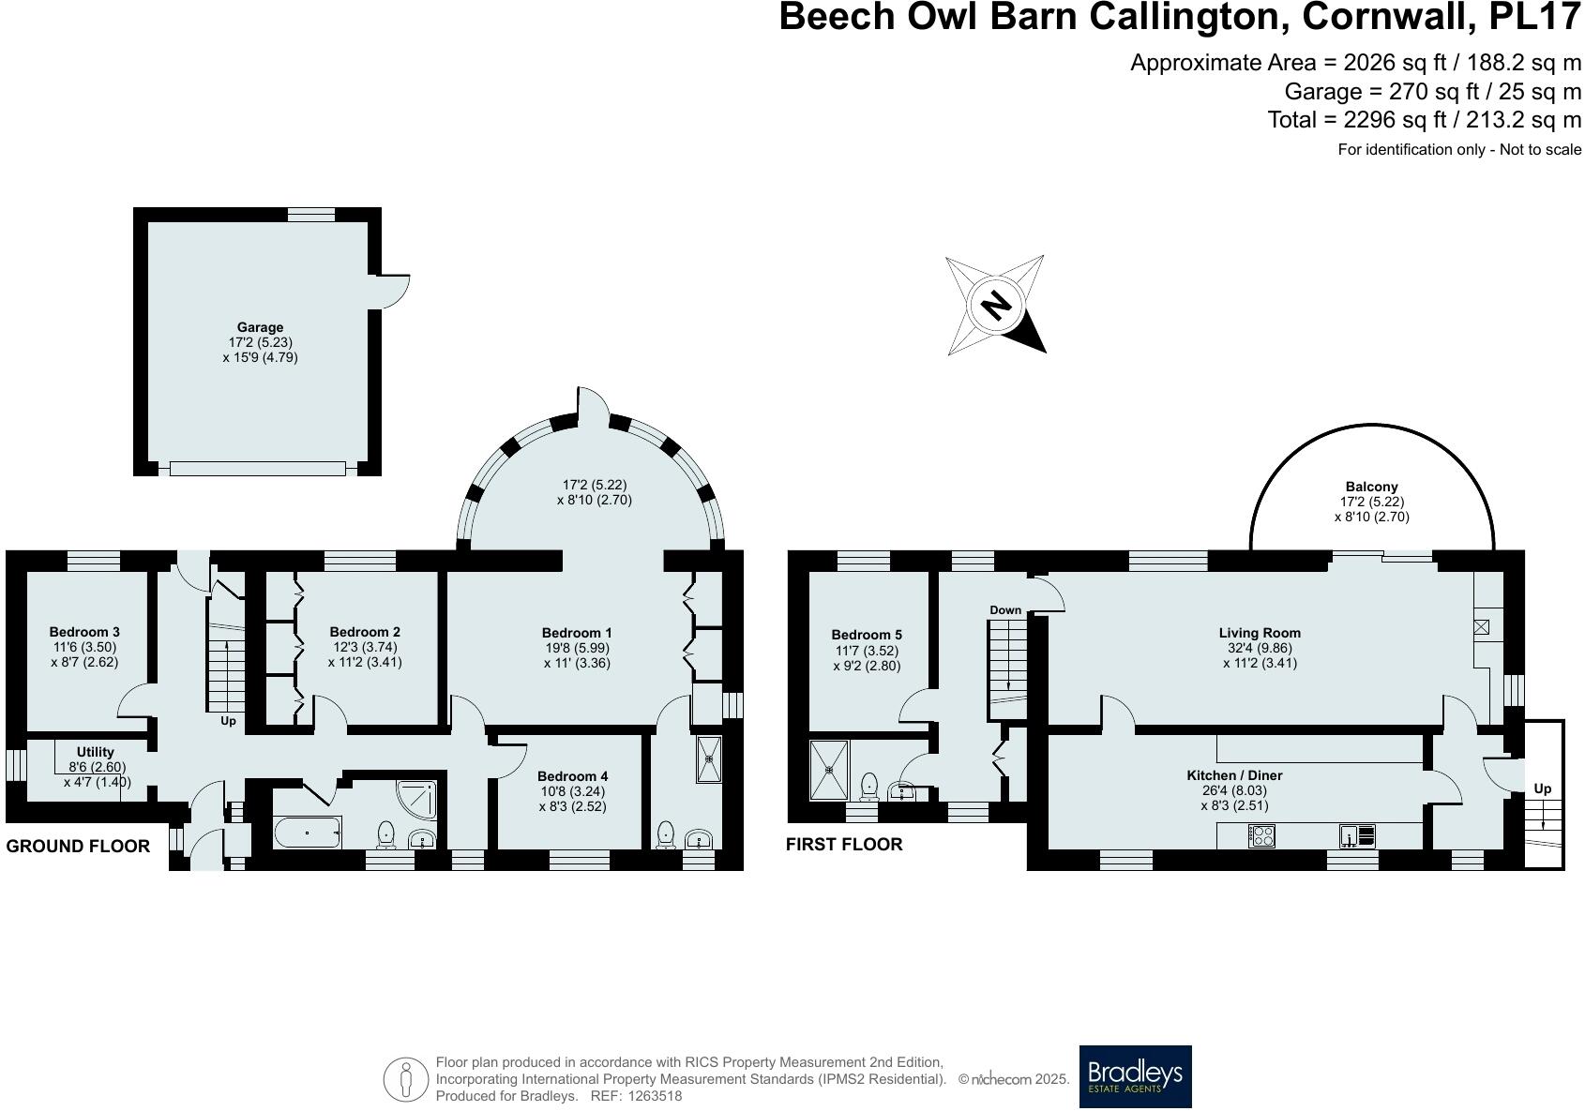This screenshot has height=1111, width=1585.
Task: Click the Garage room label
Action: coord(260,327)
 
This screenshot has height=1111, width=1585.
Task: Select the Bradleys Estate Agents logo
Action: coord(1135,1076)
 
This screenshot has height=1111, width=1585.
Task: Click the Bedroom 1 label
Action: coord(577,633)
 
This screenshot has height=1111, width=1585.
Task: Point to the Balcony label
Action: coord(1371,487)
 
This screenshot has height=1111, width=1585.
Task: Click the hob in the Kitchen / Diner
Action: coord(1261,835)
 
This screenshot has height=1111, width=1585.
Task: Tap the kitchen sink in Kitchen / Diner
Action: coord(1357,835)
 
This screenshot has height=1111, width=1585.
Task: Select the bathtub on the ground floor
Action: coord(307,832)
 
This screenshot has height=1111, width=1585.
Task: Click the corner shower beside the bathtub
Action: coord(417,798)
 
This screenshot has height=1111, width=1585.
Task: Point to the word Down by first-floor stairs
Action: coord(1004,610)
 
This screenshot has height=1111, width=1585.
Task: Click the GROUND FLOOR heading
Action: coord(78,846)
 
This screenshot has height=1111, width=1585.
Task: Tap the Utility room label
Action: coord(96,752)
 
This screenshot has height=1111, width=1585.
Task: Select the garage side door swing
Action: coord(394,291)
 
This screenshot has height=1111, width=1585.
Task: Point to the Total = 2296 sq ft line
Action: coord(1424,120)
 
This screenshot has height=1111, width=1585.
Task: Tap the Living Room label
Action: coord(1260,633)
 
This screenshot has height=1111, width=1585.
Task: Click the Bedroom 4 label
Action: coord(572,776)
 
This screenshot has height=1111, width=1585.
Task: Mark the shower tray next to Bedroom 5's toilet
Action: coord(829,770)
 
